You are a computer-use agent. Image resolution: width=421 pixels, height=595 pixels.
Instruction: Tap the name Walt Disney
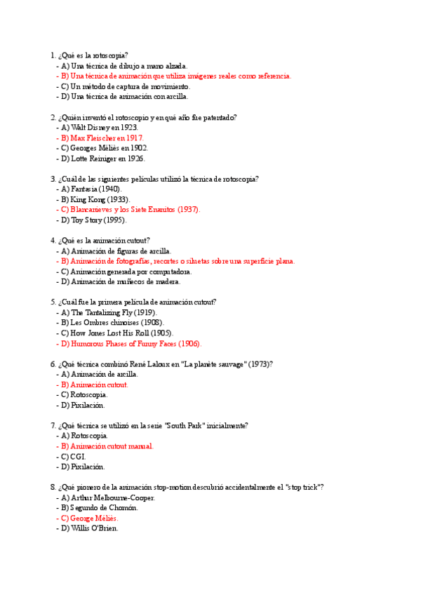pos(92,128)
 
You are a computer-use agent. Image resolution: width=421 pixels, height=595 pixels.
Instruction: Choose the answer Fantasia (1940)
pos(96,189)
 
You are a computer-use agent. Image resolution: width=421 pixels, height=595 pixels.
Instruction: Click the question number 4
pos(53,241)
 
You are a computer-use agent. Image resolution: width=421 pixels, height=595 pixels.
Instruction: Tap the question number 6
pos(53,364)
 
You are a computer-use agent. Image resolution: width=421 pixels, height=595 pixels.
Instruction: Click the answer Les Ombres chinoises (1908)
pos(105,323)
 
